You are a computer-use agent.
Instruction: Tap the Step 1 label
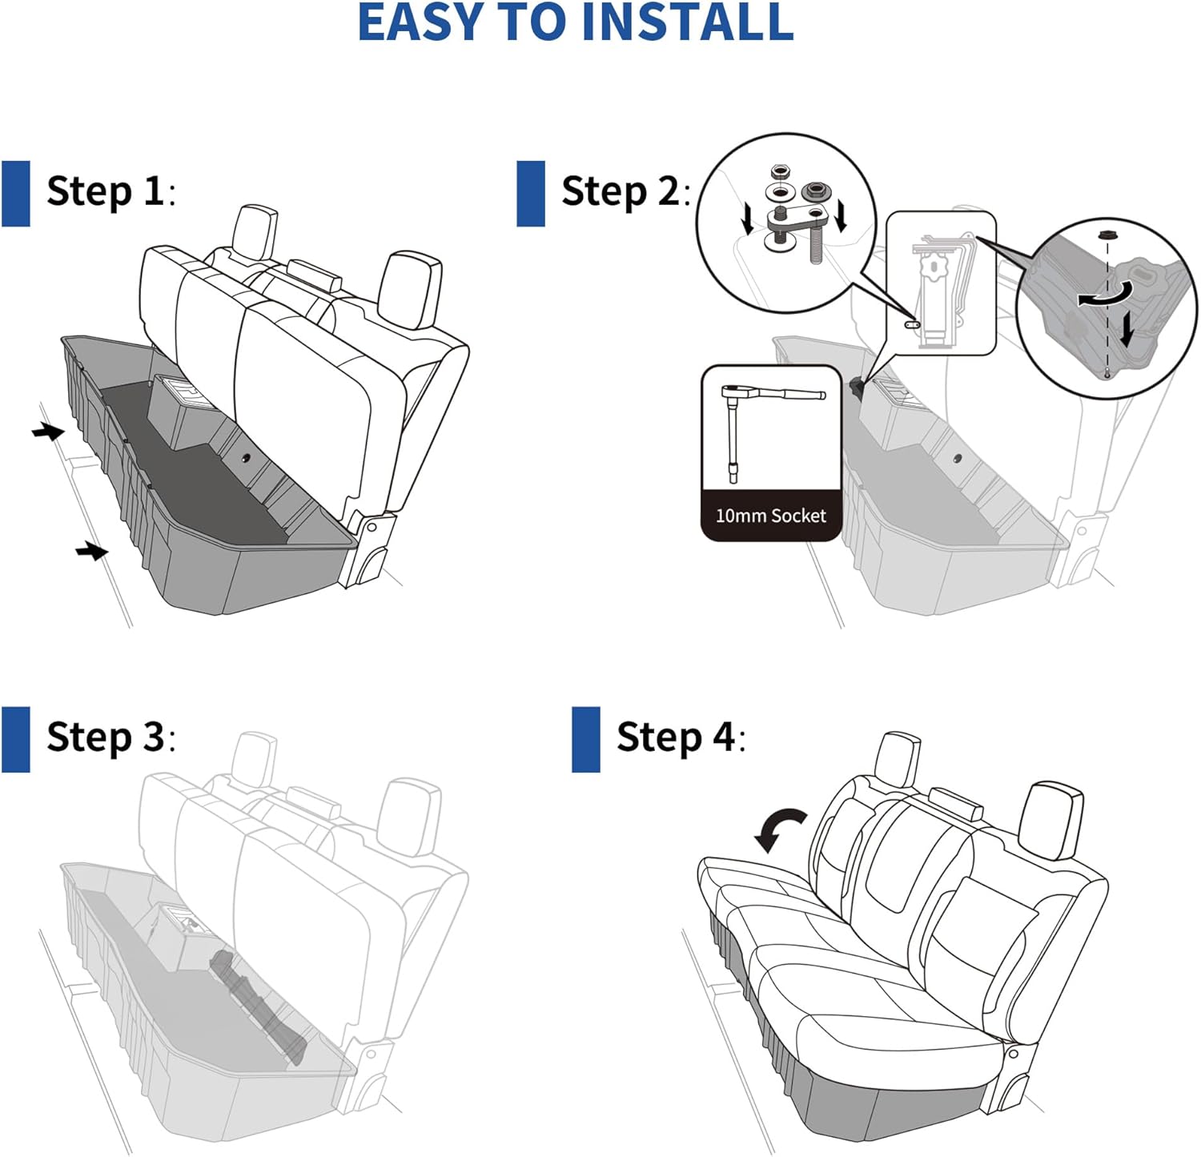pos(105,192)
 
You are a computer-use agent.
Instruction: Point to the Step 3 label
pos(105,737)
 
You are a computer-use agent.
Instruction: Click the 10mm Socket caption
pos(770,516)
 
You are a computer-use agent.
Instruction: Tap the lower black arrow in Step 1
pos(91,551)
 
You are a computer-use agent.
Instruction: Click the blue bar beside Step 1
pos(15,193)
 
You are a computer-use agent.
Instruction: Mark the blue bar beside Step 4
pos(585,739)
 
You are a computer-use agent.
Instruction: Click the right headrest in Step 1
pos(409,290)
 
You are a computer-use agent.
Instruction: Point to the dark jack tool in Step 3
pos(260,1005)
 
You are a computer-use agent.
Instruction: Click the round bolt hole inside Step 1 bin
pos(244,458)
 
